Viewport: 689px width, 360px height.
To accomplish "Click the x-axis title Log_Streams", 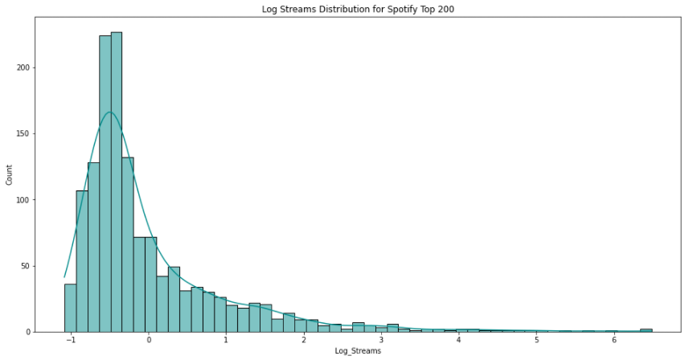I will pos(358,352).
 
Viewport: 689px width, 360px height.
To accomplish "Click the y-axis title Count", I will pos(9,176).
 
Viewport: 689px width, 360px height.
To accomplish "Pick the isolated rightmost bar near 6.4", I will pos(646,330).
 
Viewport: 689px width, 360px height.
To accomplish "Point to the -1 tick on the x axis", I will pos(70,341).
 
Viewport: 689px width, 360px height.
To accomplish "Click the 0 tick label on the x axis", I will pos(149,341).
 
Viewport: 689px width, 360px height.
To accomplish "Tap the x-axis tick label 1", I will pos(227,341).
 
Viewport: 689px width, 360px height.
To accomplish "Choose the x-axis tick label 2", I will pos(304,341).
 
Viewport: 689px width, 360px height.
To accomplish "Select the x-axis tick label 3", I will pos(381,341).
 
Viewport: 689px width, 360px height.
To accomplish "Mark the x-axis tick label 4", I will pos(459,341).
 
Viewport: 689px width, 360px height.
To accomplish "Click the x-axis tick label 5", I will pos(536,341).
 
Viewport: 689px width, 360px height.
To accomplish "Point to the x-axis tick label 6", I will pos(613,341).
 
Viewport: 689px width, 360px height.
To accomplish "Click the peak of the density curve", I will pos(110,112).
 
